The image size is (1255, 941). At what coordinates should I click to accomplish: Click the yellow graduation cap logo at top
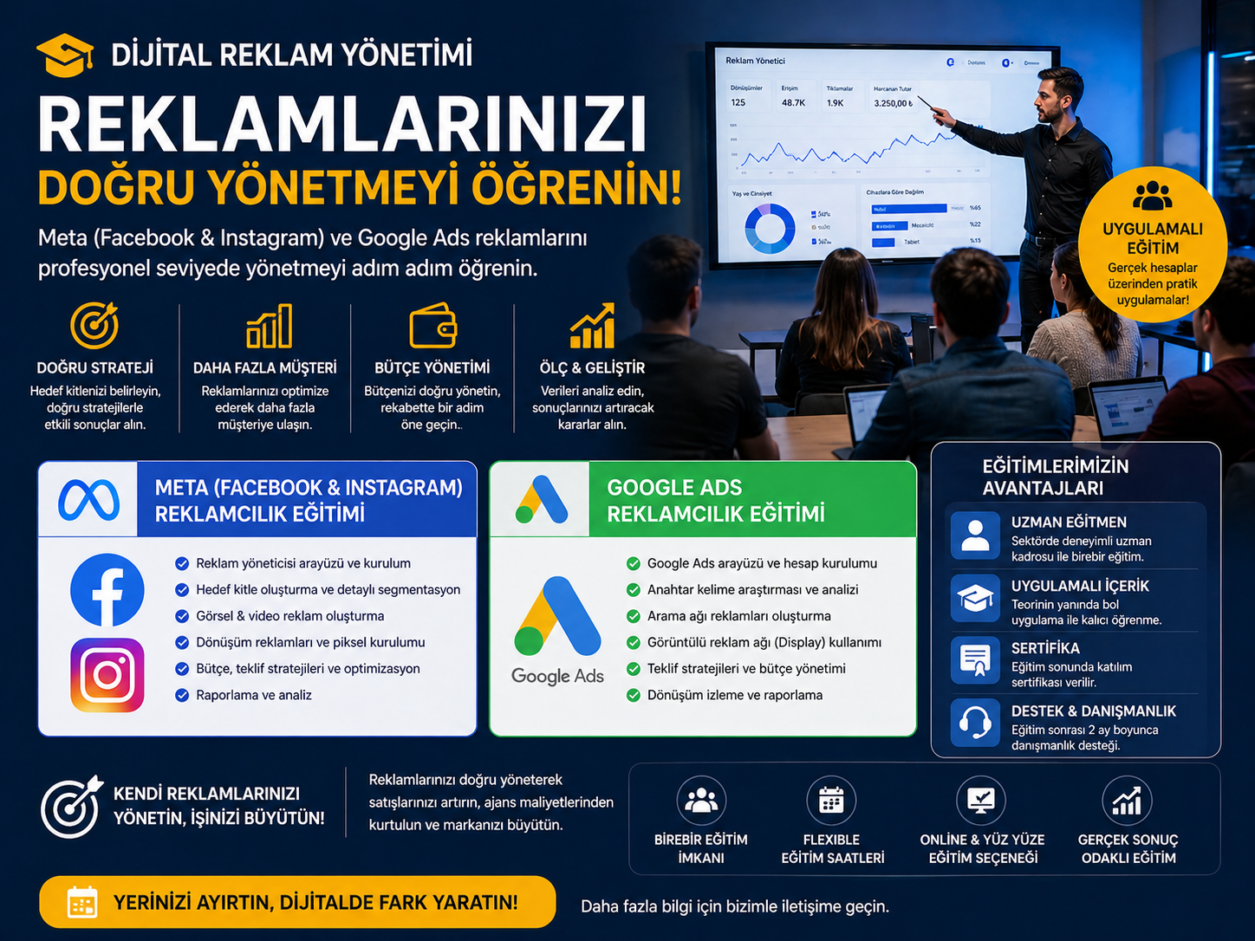pyautogui.click(x=65, y=55)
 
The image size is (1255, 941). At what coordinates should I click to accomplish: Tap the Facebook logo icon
pyautogui.click(x=107, y=590)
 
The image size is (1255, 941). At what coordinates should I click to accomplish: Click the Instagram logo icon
pyautogui.click(x=107, y=675)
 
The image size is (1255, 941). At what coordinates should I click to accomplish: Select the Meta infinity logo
pyautogui.click(x=88, y=500)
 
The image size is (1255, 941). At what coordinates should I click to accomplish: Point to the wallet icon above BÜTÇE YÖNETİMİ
pyautogui.click(x=432, y=327)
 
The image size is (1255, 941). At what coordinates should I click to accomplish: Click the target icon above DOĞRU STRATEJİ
pyautogui.click(x=94, y=326)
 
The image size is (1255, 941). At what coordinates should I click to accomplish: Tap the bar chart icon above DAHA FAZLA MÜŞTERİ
pyautogui.click(x=269, y=327)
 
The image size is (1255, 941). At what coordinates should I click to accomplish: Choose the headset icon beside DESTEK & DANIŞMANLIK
pyautogui.click(x=975, y=722)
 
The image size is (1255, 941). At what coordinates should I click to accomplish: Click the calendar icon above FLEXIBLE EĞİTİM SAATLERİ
pyautogui.click(x=831, y=800)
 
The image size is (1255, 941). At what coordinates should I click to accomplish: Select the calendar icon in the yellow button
pyautogui.click(x=82, y=902)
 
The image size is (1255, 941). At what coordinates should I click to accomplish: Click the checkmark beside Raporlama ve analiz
pyautogui.click(x=182, y=695)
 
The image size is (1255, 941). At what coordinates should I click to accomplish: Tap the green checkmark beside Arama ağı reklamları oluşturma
pyautogui.click(x=634, y=616)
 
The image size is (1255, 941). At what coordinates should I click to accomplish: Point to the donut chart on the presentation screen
pyautogui.click(x=770, y=228)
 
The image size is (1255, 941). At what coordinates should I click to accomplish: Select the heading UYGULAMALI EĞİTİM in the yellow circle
pyautogui.click(x=1153, y=238)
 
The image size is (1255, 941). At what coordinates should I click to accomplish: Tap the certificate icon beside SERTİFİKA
pyautogui.click(x=975, y=659)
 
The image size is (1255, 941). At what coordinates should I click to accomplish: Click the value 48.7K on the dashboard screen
pyautogui.click(x=793, y=102)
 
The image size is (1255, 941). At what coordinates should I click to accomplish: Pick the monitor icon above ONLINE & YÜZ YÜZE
pyautogui.click(x=980, y=800)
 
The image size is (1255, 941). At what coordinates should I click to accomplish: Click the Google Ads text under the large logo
pyautogui.click(x=557, y=676)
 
